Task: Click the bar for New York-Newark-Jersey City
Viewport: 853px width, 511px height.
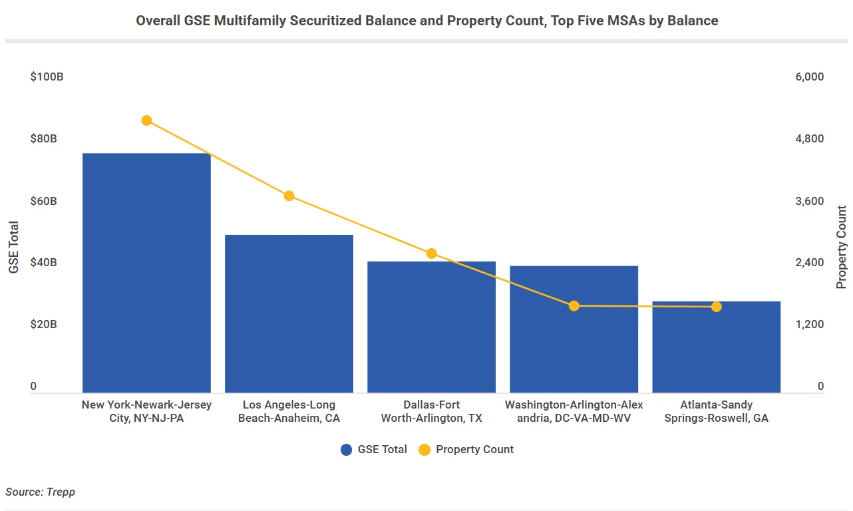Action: click(146, 273)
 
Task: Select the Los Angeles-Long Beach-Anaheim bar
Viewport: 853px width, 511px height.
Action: click(289, 313)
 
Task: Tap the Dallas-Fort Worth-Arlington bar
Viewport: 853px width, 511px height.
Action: click(431, 327)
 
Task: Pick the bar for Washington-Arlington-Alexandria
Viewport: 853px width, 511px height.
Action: click(574, 329)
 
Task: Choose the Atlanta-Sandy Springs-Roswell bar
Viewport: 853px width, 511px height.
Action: click(716, 347)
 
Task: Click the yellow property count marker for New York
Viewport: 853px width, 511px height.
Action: click(147, 120)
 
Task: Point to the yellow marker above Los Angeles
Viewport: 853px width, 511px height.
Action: click(289, 196)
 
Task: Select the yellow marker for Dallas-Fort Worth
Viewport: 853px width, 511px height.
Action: click(431, 254)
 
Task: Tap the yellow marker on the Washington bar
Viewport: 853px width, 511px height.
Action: click(574, 306)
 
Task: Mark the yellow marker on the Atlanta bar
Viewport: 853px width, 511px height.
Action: click(717, 307)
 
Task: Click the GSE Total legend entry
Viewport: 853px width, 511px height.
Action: click(374, 450)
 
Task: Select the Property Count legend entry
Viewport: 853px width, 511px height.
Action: click(466, 450)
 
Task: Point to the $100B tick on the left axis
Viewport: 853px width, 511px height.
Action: click(47, 77)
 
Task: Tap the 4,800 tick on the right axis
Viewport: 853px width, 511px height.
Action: click(809, 139)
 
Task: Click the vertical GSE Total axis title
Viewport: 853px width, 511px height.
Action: click(14, 247)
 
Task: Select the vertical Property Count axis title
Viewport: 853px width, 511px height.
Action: click(842, 247)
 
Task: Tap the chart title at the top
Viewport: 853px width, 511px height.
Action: click(426, 21)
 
